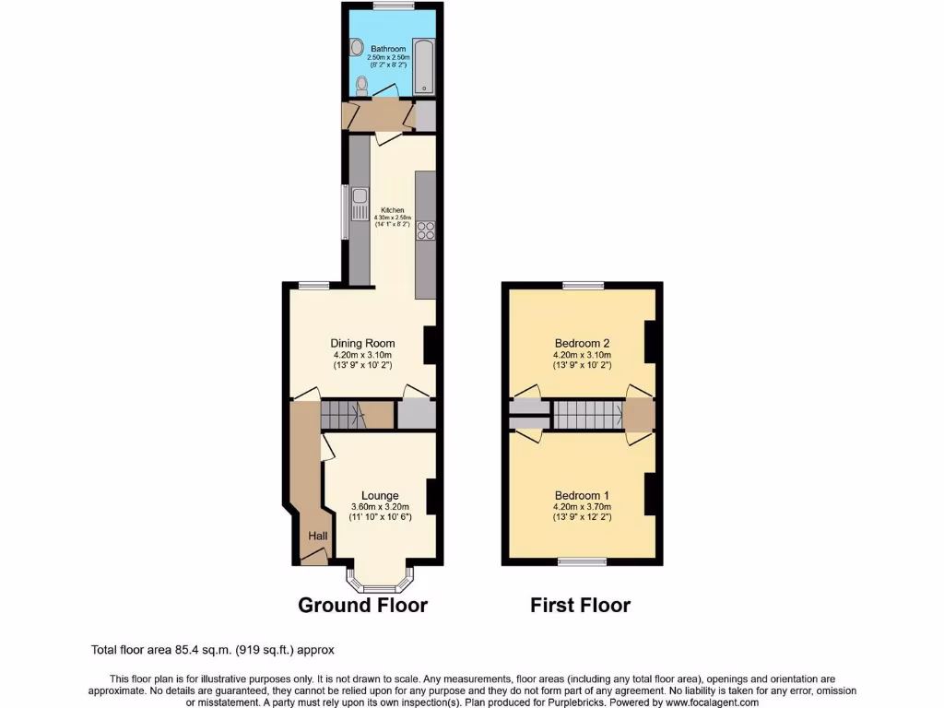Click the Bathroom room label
tap(388, 49)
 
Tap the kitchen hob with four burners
tap(425, 230)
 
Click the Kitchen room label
tap(393, 210)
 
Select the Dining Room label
tap(362, 344)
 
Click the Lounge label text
tap(380, 495)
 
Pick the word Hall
tap(317, 537)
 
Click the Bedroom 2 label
tap(582, 343)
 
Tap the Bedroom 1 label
tap(582, 494)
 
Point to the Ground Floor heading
tap(362, 606)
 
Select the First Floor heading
tap(580, 606)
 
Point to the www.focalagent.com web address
tap(713, 702)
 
